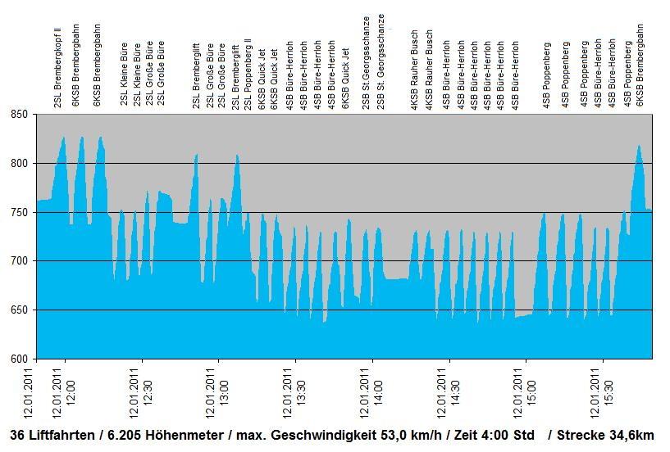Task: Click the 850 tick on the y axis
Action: pyautogui.click(x=18, y=115)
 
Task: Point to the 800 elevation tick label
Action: pyautogui.click(x=18, y=164)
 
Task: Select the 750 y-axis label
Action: pyautogui.click(x=18, y=212)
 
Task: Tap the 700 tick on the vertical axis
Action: pyautogui.click(x=18, y=261)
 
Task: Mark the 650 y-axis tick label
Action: pyautogui.click(x=18, y=310)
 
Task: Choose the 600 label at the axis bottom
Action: pyautogui.click(x=18, y=359)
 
